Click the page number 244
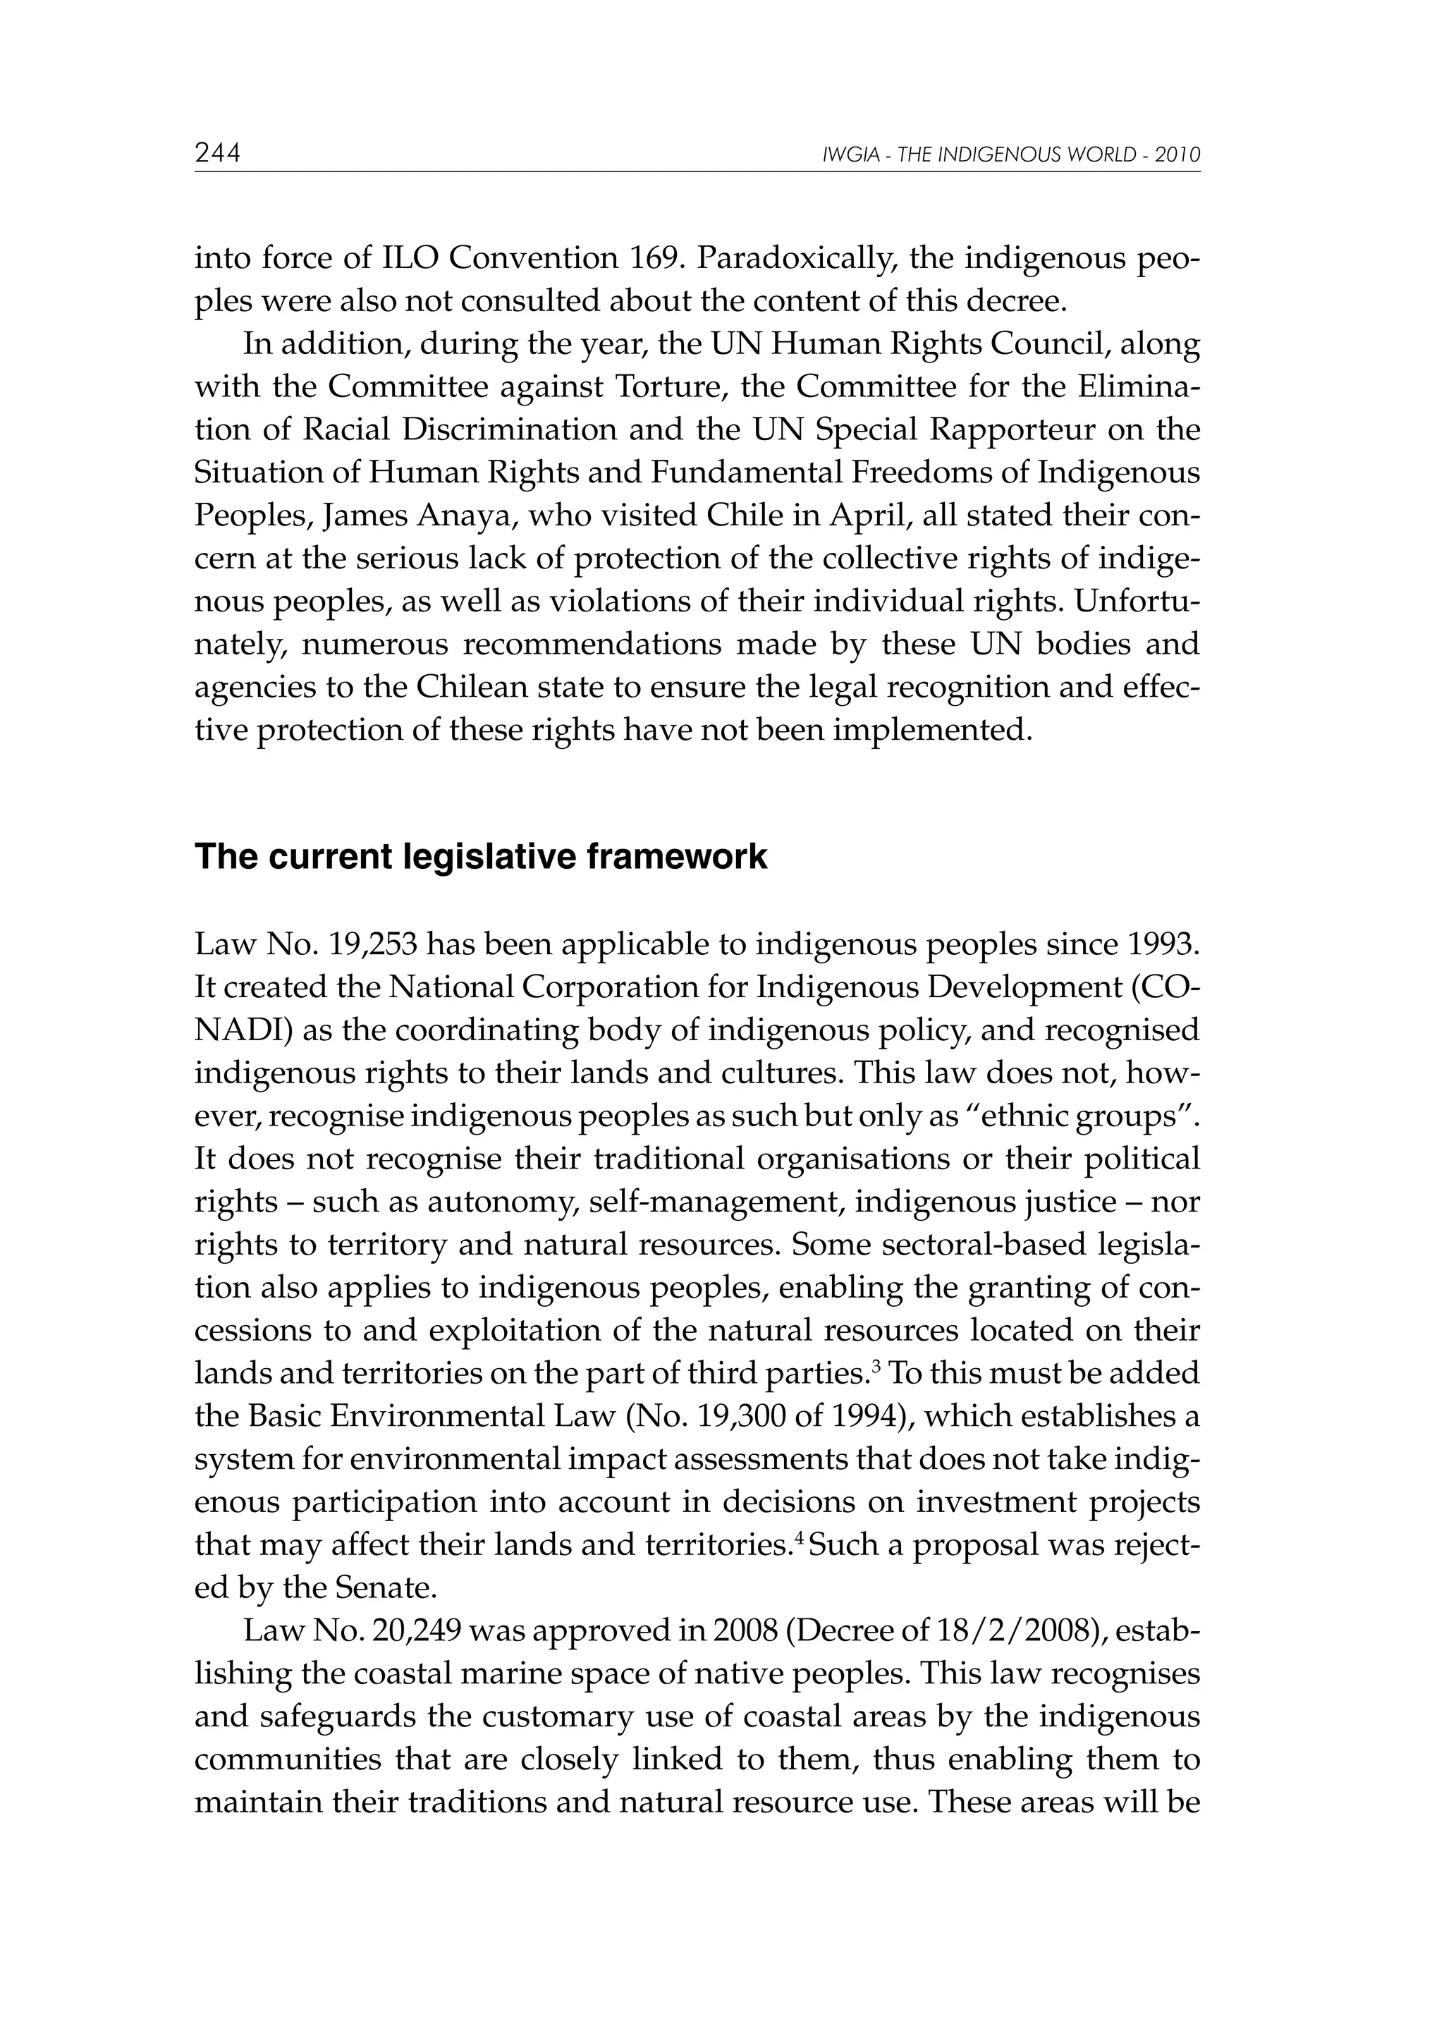(218, 154)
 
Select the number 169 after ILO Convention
(656, 258)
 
